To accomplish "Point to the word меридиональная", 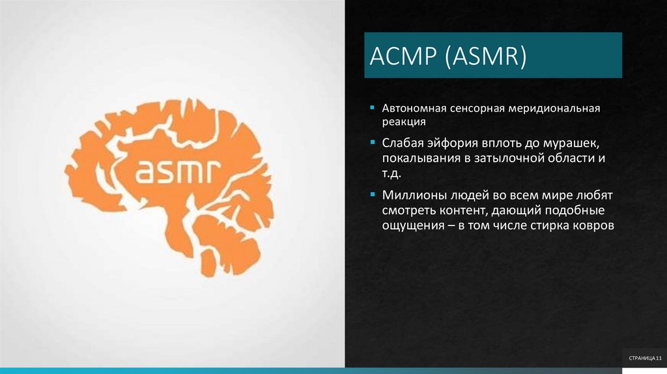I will coord(559,108).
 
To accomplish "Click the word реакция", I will coord(404,122).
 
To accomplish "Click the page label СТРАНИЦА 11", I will coord(644,359).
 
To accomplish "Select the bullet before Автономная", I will coord(371,107).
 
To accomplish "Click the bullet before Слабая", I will coord(371,142).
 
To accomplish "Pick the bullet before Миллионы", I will coord(371,194).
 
